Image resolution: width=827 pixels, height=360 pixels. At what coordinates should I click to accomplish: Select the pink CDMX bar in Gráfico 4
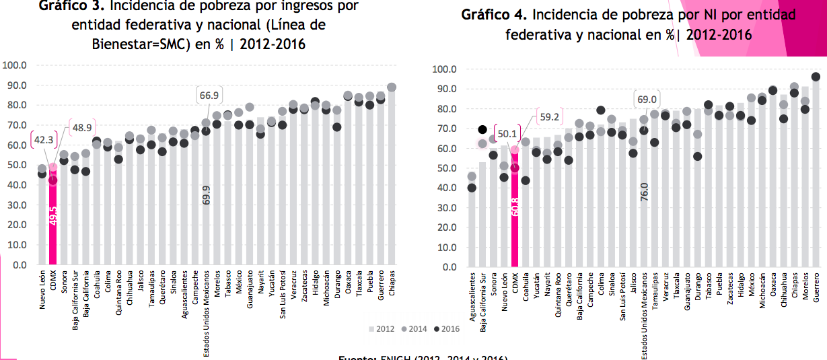coord(515,222)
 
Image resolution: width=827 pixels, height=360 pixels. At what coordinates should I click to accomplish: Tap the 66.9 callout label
coord(209,96)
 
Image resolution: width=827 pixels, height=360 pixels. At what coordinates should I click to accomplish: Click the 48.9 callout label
coord(83,128)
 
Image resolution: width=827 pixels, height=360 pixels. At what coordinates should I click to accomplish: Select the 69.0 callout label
coord(647,100)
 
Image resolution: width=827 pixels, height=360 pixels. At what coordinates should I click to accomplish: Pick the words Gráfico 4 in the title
coord(491,15)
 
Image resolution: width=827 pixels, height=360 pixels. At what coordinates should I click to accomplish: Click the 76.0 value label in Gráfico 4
coord(645,192)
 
